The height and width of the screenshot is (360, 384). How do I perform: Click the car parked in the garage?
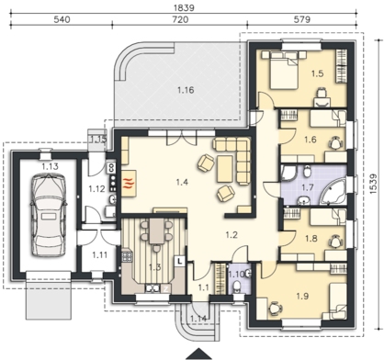[49, 215]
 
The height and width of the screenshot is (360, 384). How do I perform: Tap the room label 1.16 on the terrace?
[186, 90]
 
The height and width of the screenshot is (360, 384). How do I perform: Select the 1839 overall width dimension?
[184, 7]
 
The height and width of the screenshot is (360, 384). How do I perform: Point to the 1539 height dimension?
[373, 184]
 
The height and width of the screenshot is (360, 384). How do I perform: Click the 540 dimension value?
[62, 19]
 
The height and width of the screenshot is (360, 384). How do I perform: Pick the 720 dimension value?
[180, 19]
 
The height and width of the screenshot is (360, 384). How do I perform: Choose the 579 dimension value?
[302, 19]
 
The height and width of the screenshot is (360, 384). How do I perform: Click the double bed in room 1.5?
[284, 70]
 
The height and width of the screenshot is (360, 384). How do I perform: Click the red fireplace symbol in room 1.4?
[129, 184]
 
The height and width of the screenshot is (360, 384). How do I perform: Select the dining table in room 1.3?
[157, 231]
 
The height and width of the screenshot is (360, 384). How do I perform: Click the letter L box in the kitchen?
[179, 261]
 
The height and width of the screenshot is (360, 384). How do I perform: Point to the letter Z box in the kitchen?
[166, 288]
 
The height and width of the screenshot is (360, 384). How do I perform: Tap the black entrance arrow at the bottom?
[199, 354]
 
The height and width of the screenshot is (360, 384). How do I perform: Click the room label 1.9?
[302, 296]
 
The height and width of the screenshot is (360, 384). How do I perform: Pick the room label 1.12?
[96, 189]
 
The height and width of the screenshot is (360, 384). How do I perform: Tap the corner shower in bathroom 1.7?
[289, 174]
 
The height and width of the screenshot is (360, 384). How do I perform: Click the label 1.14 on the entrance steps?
[198, 319]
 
